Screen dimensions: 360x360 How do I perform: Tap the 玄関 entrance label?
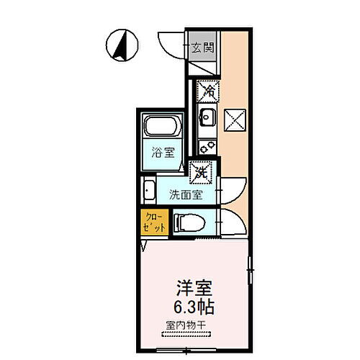(202, 48)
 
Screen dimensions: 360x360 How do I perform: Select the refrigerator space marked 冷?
(207, 91)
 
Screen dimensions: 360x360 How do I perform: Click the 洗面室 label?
(185, 194)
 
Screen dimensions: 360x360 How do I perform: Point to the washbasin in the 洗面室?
(150, 192)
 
